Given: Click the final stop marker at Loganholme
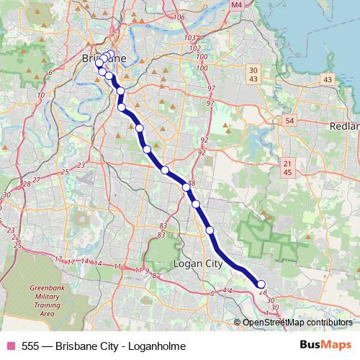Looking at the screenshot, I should pos(261,284).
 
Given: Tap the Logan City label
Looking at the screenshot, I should pos(199,264).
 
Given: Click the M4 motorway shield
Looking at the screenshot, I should pos(237,5).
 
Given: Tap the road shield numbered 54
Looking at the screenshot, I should pos(289,120).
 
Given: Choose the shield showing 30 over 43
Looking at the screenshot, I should pos(252,73).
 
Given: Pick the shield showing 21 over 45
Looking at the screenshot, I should pos(287,168).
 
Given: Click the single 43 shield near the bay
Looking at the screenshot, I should pos(328,79).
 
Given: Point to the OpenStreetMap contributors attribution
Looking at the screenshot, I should pos(297,323).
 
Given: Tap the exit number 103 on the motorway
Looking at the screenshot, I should pos(190,37).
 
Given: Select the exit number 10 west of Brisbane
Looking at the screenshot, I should pos(42,94).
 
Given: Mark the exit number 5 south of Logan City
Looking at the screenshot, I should pos(212,293).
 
